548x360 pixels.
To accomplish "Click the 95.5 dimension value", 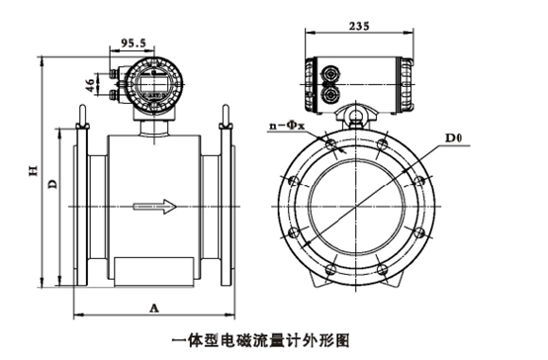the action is (x=133, y=43).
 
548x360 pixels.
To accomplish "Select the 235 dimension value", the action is (x=359, y=26).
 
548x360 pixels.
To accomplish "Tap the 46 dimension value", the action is (x=90, y=85).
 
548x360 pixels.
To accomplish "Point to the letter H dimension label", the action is (x=34, y=170).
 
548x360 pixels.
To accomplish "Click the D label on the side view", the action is (x=52, y=184).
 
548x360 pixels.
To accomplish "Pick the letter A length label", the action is (x=154, y=309).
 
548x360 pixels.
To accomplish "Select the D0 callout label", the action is (x=453, y=137).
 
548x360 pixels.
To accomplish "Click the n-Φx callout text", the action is (x=287, y=126).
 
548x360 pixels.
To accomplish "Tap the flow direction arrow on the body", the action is (x=154, y=207).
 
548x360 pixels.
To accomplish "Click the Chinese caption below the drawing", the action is (x=260, y=340).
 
